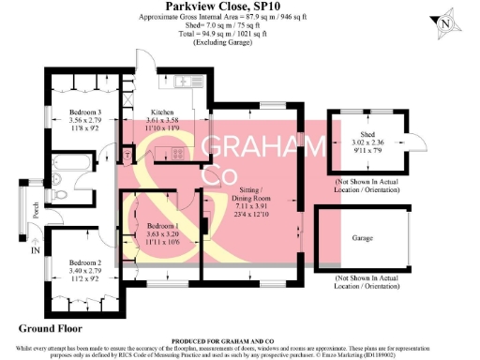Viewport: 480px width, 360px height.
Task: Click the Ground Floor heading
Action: point(54,329)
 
